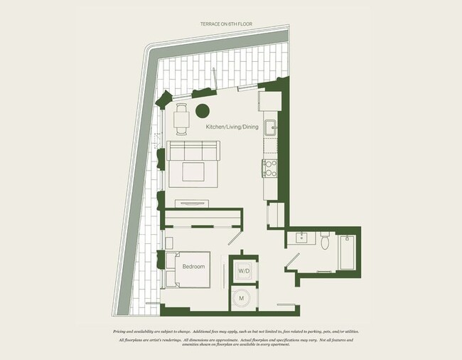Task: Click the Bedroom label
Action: (x=193, y=267)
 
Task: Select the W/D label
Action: (x=243, y=271)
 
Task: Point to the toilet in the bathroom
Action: (x=325, y=242)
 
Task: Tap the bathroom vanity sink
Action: (x=297, y=238)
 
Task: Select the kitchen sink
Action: (x=270, y=128)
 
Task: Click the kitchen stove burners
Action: (x=270, y=168)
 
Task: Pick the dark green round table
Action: (x=203, y=110)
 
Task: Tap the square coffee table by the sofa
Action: (x=193, y=172)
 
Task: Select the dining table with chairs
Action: (x=181, y=120)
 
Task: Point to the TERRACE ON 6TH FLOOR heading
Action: (x=226, y=24)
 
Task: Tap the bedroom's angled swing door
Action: (x=234, y=239)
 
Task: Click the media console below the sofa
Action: (x=192, y=203)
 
